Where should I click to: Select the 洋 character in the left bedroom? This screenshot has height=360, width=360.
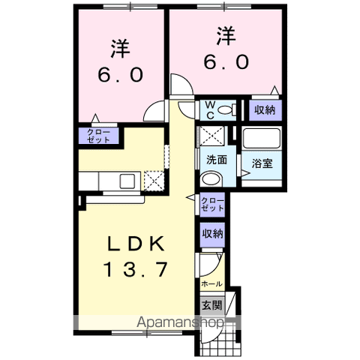[120, 49]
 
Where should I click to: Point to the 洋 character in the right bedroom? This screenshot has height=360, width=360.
[226, 36]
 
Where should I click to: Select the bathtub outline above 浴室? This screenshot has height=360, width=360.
[262, 139]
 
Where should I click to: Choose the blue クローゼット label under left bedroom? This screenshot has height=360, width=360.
[96, 136]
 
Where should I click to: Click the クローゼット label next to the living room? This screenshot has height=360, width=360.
[211, 204]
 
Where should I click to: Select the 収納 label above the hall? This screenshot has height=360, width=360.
[211, 234]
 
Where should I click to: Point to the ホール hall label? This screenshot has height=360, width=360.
[211, 284]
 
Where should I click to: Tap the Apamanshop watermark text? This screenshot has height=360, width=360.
[179, 322]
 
